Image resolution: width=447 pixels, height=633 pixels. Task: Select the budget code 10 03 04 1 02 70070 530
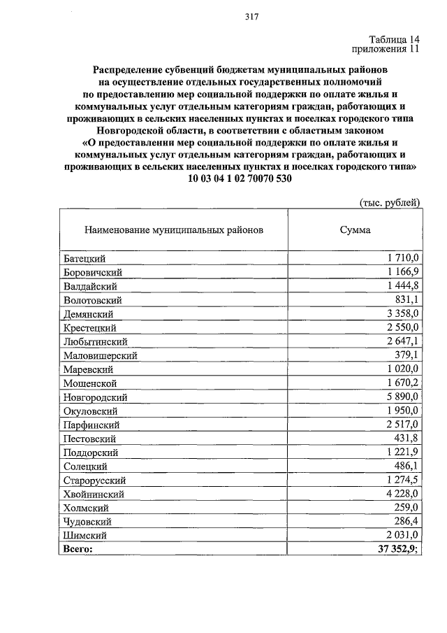coord(240,178)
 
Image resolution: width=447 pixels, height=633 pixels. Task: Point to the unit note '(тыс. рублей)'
coord(389,203)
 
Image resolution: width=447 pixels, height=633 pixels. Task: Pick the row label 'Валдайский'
coord(89,286)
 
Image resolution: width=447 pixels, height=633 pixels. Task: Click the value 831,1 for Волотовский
coord(406,299)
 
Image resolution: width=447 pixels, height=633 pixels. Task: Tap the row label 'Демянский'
coord(88,314)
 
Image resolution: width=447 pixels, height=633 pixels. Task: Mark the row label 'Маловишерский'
coord(100,355)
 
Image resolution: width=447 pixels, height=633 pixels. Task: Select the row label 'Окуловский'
coord(89,411)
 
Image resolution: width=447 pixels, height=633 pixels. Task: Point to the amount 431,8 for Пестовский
coord(406,438)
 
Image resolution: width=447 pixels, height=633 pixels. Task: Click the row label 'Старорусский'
coord(94,480)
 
